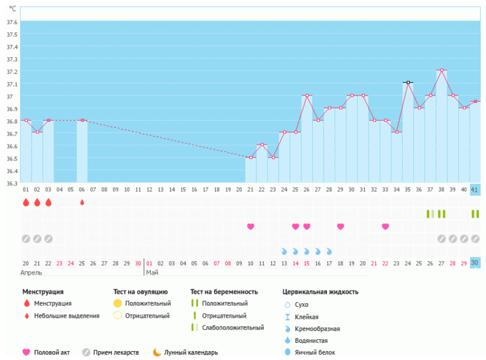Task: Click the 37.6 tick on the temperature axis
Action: (12, 22)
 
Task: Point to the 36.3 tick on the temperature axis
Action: (12, 183)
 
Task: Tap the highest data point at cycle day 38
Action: (442, 70)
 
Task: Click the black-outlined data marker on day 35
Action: (408, 83)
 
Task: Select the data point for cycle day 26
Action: (307, 95)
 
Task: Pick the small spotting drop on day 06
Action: (82, 203)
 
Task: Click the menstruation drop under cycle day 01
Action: (26, 203)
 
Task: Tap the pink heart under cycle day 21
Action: (251, 226)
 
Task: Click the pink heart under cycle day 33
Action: (385, 226)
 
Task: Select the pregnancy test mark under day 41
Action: (475, 214)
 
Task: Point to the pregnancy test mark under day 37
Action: (430, 214)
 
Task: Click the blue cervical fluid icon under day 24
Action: (284, 251)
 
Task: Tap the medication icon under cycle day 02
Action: (37, 239)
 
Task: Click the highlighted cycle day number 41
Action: (475, 189)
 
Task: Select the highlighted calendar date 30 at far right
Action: (475, 263)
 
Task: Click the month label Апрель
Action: (31, 273)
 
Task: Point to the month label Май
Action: (152, 273)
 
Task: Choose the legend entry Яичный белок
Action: (315, 352)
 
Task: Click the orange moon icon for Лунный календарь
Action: (157, 352)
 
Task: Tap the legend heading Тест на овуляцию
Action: (140, 292)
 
